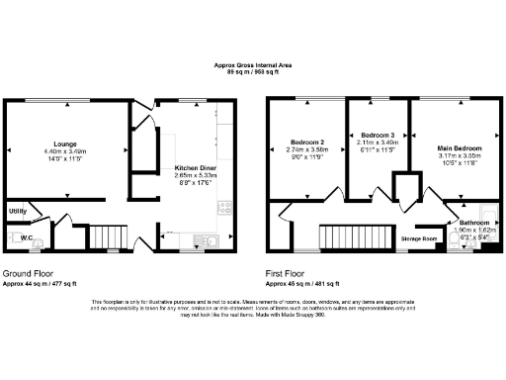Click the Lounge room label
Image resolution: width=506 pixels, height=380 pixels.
65,142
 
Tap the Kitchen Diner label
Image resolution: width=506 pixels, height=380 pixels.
196,167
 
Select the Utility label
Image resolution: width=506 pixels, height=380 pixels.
17,211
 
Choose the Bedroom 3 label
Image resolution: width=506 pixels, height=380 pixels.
377,135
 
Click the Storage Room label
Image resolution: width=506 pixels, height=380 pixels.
418,239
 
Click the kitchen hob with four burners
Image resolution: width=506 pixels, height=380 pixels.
223,209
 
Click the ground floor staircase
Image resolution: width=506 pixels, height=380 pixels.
99,237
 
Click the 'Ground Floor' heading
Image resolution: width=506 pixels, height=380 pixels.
27,272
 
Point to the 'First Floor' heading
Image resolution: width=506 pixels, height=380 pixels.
288,272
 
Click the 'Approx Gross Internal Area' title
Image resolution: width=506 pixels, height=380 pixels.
252,64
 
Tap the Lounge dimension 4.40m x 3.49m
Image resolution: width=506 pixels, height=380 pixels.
65,150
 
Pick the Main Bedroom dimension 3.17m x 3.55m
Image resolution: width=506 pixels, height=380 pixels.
457,157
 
